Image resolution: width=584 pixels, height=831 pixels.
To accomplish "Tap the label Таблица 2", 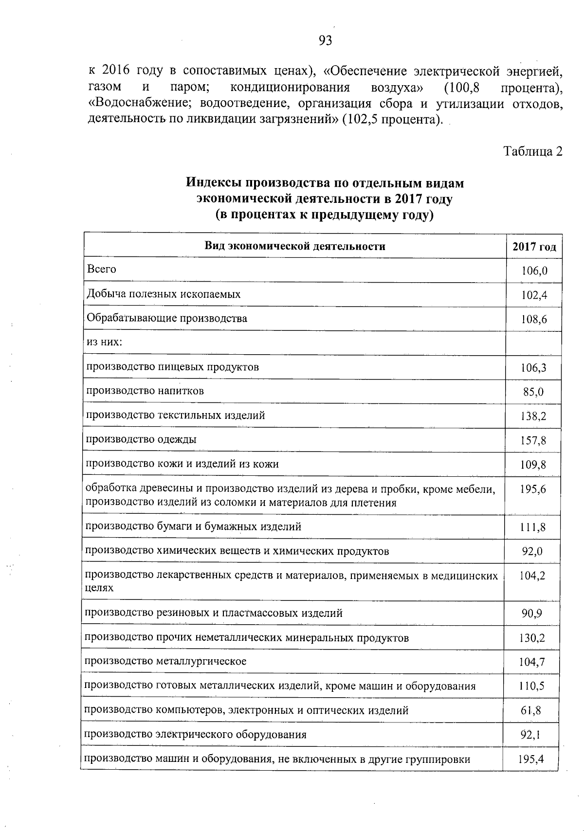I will point(532,151).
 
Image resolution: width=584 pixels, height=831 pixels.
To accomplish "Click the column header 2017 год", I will point(534,247).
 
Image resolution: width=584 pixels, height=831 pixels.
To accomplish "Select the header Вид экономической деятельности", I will point(294,246).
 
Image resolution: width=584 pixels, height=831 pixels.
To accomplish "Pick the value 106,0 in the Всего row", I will point(534,271).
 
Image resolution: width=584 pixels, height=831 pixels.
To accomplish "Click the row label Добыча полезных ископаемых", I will point(164,294).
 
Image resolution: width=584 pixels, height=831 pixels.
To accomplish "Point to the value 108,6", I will point(534,320).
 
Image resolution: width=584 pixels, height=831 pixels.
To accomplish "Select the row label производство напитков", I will point(145,391).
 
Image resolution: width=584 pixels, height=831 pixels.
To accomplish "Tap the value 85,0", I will point(533,392).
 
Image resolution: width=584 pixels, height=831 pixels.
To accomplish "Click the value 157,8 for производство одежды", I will point(533,441).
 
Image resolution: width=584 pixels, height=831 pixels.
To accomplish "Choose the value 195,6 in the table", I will point(533,489).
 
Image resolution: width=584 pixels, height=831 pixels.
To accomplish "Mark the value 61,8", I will point(531,711).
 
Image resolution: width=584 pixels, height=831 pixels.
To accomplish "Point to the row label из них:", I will point(104,342).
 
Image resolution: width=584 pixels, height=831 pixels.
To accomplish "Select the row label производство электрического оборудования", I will point(196,735).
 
